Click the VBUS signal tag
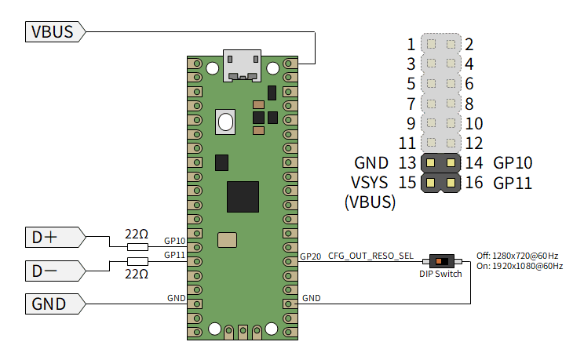point(55,31)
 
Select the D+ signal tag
point(55,237)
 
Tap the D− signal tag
point(55,271)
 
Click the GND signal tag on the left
point(55,304)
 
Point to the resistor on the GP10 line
point(138,247)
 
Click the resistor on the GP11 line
point(138,261)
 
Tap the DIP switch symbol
point(442,261)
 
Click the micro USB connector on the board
point(242,66)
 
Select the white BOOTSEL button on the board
point(225,122)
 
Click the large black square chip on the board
point(243,197)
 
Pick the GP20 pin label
point(310,256)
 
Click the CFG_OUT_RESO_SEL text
point(370,256)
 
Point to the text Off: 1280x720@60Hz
point(517,256)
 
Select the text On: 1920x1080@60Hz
point(520,266)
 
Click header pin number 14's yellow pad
point(451,162)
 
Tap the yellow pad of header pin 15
point(431,183)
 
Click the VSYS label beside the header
point(369,183)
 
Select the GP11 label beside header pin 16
point(513,183)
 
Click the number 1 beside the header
point(411,45)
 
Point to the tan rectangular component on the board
point(227,240)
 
